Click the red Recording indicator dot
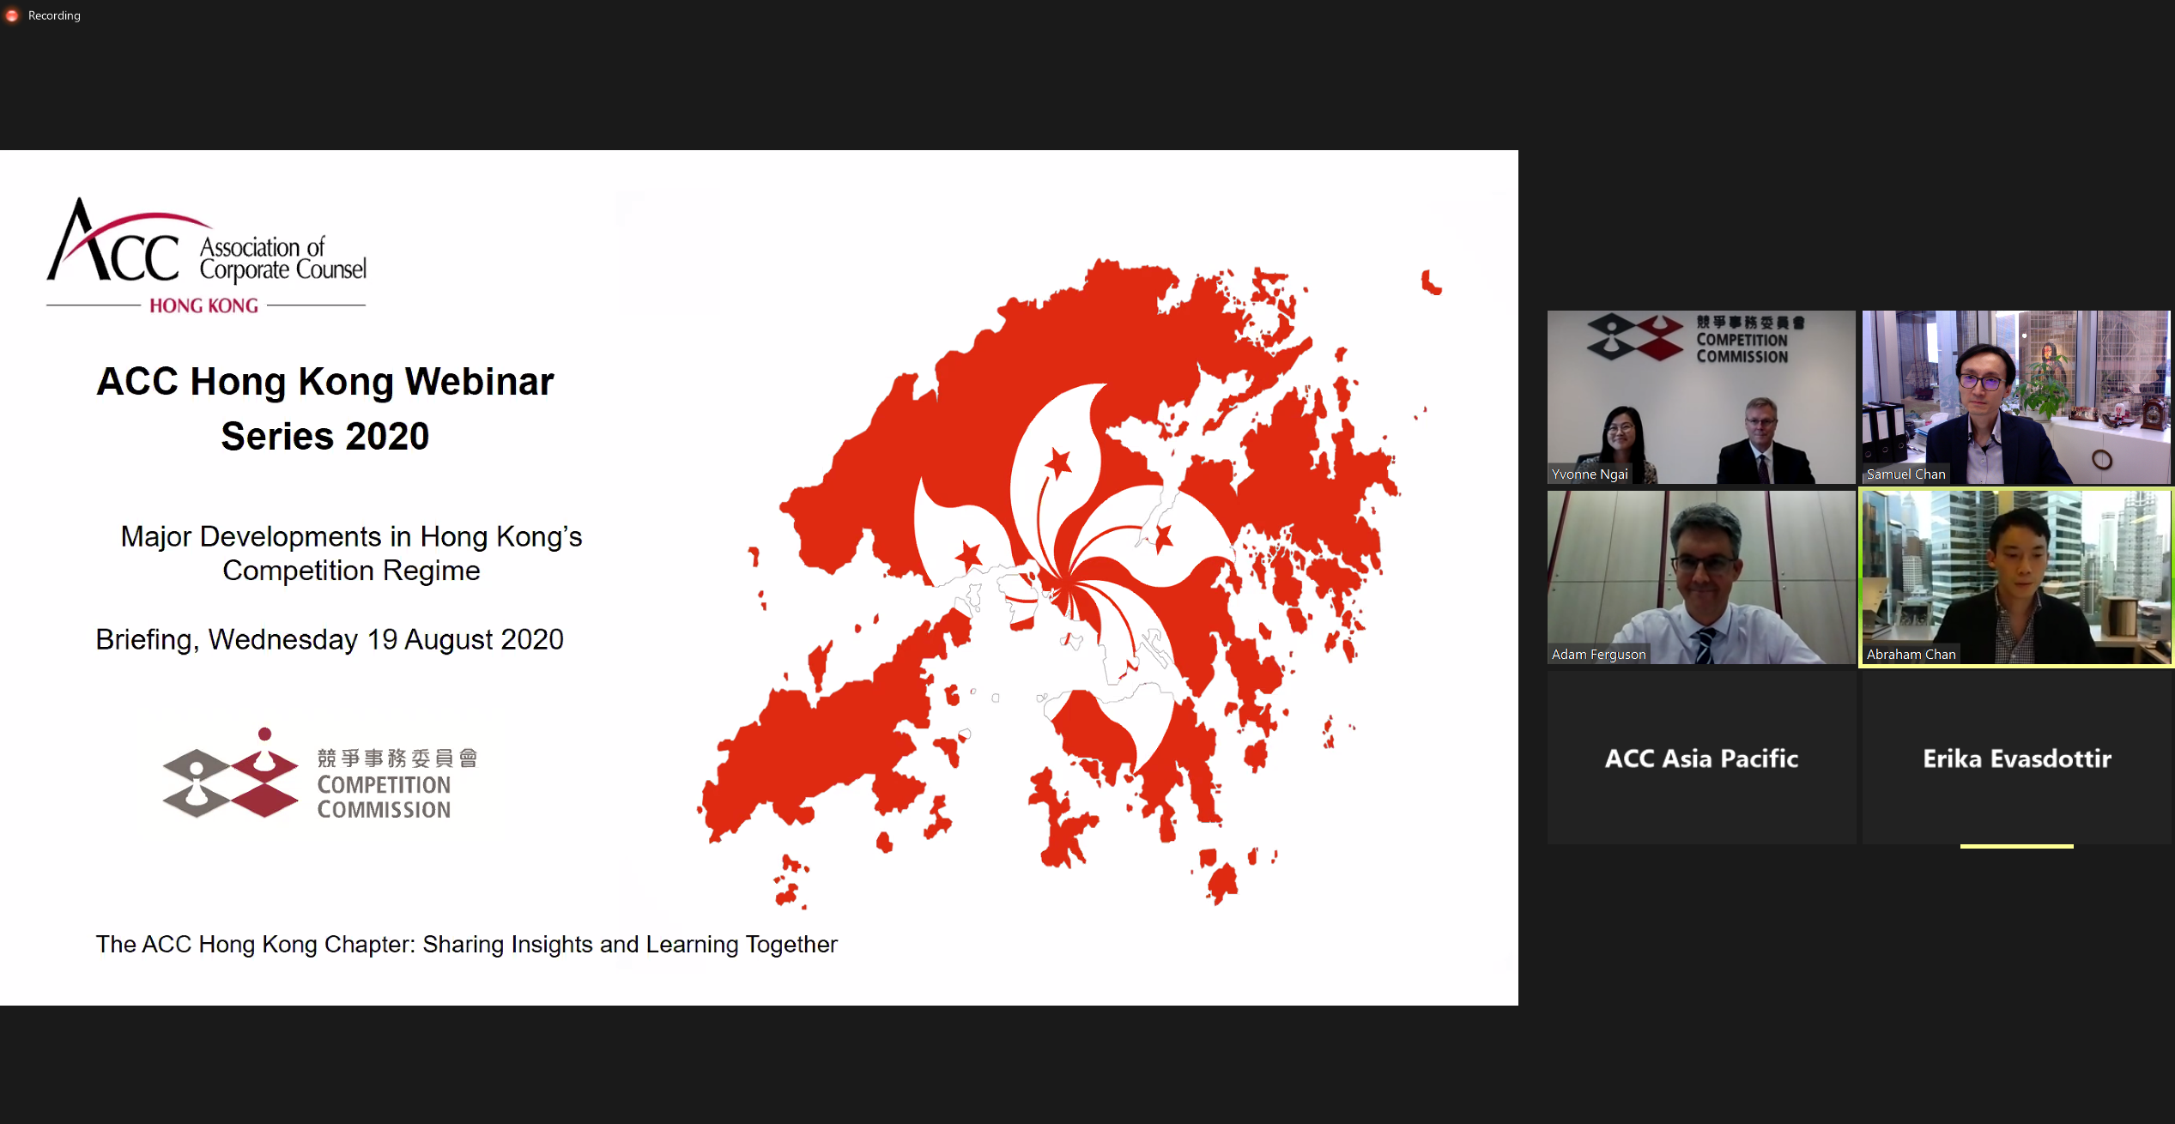pyautogui.click(x=12, y=15)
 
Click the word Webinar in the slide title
pyautogui.click(x=479, y=382)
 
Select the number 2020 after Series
pyautogui.click(x=388, y=437)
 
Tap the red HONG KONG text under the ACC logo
pyautogui.click(x=203, y=306)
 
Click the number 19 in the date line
pyautogui.click(x=382, y=639)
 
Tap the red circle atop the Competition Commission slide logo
pyautogui.click(x=264, y=734)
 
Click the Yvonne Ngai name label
pyautogui.click(x=1590, y=474)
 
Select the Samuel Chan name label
pyautogui.click(x=1905, y=474)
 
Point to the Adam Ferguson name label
pyautogui.click(x=1598, y=654)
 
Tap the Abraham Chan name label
pyautogui.click(x=1911, y=654)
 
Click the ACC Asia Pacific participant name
pyautogui.click(x=1701, y=758)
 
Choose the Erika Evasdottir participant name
pyautogui.click(x=2017, y=758)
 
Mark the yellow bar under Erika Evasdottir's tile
pyautogui.click(x=2017, y=846)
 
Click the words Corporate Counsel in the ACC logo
pyautogui.click(x=283, y=270)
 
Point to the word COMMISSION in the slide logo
pyautogui.click(x=384, y=810)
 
